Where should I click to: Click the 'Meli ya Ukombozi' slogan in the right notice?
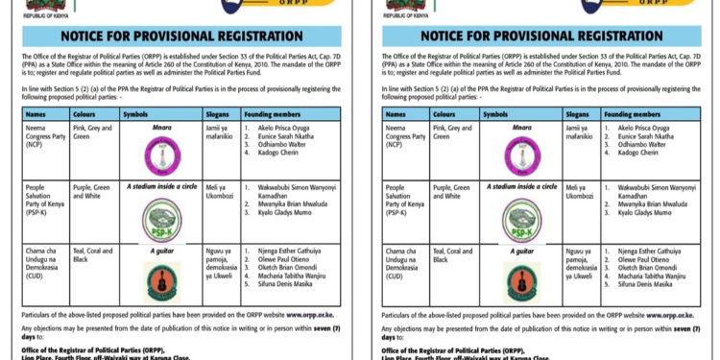click(580, 191)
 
